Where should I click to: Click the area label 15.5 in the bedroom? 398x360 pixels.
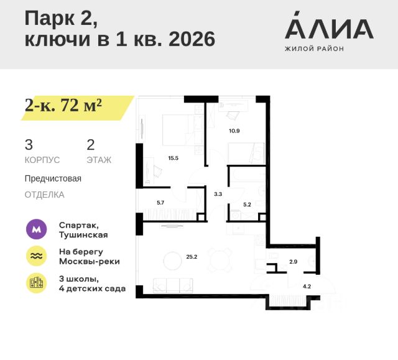click(x=173, y=158)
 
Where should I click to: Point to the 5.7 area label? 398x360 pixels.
click(x=160, y=203)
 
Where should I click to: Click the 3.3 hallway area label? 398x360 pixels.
click(x=218, y=195)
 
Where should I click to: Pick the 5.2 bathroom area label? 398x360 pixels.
click(x=247, y=203)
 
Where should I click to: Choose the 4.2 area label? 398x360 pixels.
click(x=306, y=287)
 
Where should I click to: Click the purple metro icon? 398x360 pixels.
click(x=37, y=229)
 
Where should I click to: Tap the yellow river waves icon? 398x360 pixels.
click(x=37, y=256)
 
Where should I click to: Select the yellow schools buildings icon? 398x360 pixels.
click(x=37, y=283)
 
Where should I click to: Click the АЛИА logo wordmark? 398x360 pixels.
click(x=329, y=28)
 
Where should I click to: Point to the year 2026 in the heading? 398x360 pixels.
click(x=187, y=39)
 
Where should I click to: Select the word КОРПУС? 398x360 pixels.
click(x=42, y=160)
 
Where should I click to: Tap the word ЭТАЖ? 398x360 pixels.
click(x=99, y=160)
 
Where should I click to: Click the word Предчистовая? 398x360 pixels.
click(x=53, y=178)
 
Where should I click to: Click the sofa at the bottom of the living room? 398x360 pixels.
click(x=174, y=285)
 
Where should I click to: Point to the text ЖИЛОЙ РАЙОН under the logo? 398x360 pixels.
click(x=314, y=48)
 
